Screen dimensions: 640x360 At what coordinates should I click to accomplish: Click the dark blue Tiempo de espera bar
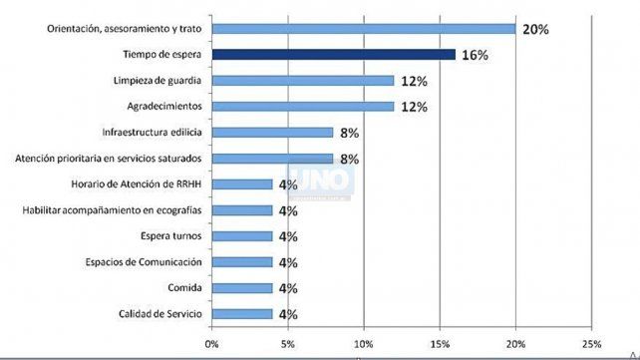[334, 55]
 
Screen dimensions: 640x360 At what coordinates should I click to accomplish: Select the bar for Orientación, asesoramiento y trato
[364, 29]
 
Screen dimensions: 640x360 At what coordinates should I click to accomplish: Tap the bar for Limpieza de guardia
[303, 81]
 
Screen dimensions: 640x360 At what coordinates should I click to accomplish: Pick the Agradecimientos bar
[303, 107]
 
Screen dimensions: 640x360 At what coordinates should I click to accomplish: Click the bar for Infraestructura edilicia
[272, 133]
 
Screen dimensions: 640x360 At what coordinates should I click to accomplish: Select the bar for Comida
[242, 288]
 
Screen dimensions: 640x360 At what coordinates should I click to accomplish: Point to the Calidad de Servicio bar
[242, 314]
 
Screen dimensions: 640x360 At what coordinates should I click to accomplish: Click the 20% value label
[535, 29]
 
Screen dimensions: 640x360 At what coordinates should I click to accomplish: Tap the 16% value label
[475, 55]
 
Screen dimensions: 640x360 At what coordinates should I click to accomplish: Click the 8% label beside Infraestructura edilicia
[349, 133]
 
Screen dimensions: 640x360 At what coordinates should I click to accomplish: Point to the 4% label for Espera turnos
[288, 236]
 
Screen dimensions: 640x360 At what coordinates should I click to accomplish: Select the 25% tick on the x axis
[591, 344]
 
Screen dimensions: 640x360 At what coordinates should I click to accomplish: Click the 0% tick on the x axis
[211, 344]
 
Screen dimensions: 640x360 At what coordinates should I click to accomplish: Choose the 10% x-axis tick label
[363, 344]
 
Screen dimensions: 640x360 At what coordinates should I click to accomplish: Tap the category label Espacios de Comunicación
[144, 262]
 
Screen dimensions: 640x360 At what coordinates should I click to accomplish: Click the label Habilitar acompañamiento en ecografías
[112, 210]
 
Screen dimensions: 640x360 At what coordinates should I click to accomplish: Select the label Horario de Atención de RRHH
[137, 184]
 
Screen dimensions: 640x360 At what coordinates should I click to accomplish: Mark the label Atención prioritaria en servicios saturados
[109, 159]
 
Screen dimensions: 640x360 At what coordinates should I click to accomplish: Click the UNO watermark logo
[321, 180]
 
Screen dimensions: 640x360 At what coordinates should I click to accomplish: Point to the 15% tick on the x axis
[440, 344]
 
